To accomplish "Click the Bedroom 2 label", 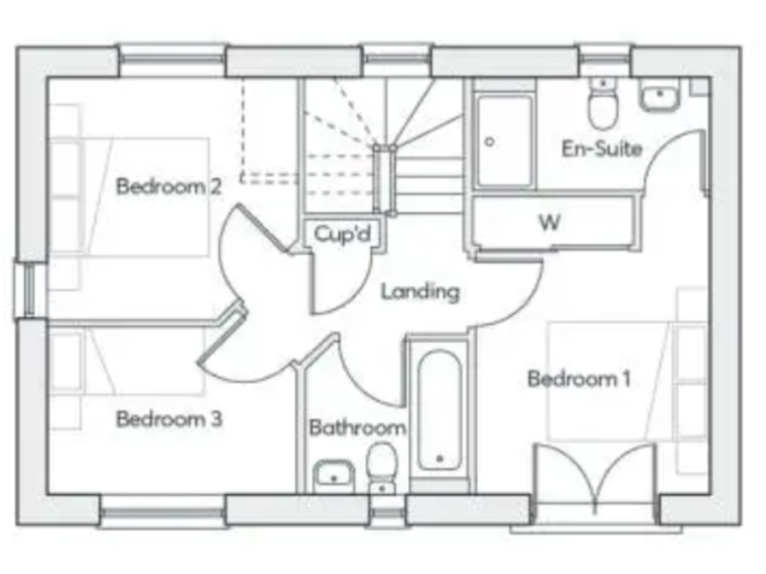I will (169, 186).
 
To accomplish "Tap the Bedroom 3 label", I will (169, 419).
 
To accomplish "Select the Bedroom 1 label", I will (578, 379).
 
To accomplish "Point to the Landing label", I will (420, 292).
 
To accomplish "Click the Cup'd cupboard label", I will (342, 234).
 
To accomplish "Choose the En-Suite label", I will (601, 149).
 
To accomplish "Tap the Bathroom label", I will (357, 429).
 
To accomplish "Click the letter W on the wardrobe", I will (550, 222).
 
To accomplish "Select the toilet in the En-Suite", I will (602, 106).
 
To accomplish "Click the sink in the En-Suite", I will (658, 98).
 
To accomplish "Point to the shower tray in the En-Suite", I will (504, 141).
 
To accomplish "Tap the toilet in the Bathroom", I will (381, 468).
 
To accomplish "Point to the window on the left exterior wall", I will (30, 290).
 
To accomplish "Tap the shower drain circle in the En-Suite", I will (489, 143).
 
